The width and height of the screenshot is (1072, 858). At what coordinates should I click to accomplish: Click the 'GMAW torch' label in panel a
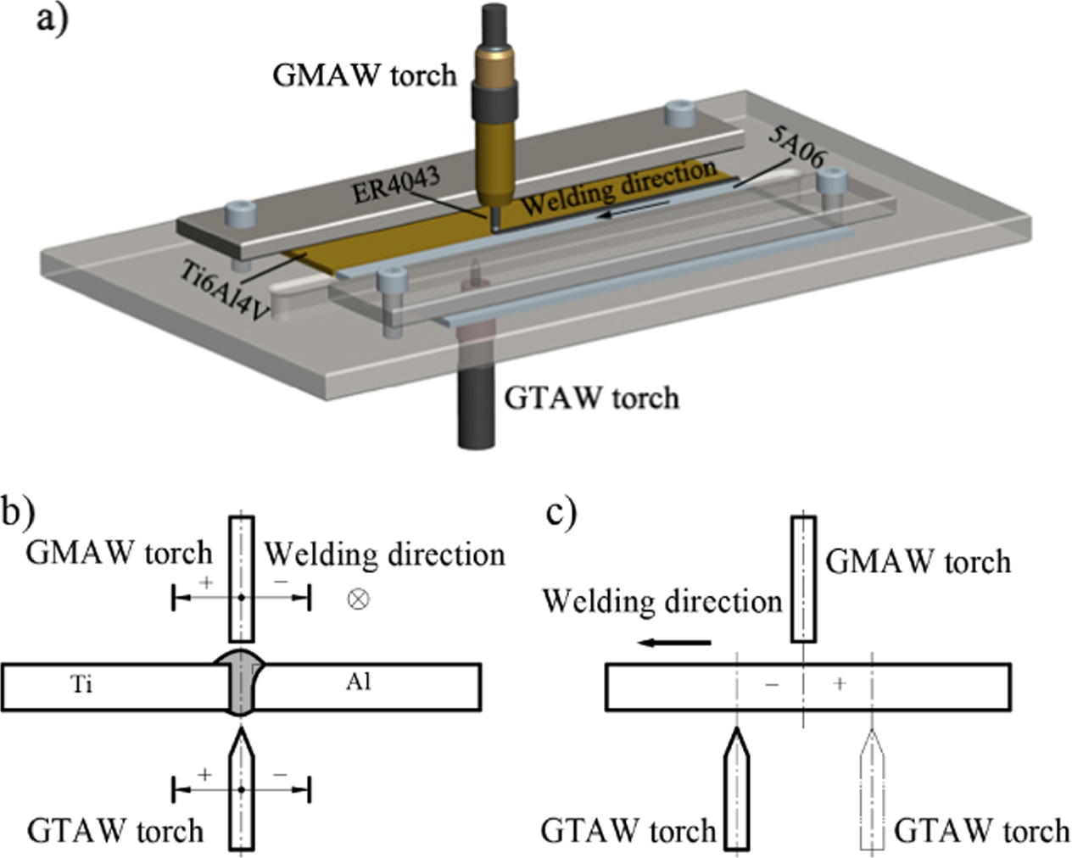(x=364, y=75)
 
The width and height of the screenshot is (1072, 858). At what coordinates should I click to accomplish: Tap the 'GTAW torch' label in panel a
(x=591, y=397)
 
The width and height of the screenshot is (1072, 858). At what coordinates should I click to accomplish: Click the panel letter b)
(x=17, y=512)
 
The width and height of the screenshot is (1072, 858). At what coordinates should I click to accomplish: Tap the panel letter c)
(x=561, y=512)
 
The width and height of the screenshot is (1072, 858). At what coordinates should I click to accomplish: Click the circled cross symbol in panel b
(x=359, y=599)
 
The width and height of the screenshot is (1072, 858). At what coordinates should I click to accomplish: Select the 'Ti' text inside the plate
(x=81, y=683)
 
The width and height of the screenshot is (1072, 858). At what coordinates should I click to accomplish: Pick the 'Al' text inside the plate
(x=358, y=682)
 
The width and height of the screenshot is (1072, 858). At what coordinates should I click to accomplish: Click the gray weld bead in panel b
(x=241, y=683)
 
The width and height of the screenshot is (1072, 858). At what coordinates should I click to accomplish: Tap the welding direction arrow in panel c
(x=675, y=643)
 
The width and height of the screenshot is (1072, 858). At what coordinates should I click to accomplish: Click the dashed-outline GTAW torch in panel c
(x=873, y=788)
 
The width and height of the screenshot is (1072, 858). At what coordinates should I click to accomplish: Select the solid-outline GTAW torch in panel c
(x=738, y=788)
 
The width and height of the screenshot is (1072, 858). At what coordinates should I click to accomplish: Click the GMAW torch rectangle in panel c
(x=803, y=578)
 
